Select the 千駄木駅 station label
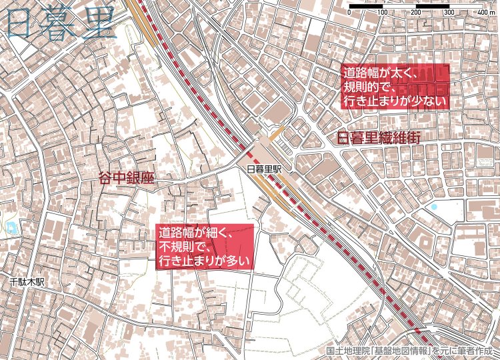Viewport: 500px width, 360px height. click(x=27, y=282)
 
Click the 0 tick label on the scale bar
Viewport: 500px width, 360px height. click(x=350, y=13)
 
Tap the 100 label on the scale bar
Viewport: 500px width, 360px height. click(x=383, y=13)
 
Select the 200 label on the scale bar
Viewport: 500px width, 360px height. click(x=415, y=13)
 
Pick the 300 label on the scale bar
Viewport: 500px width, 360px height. click(x=448, y=13)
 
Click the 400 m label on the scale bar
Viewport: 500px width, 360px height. click(x=477, y=13)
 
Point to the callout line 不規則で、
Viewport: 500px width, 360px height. click(x=185, y=247)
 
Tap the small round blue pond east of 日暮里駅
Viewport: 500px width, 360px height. click(x=435, y=207)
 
